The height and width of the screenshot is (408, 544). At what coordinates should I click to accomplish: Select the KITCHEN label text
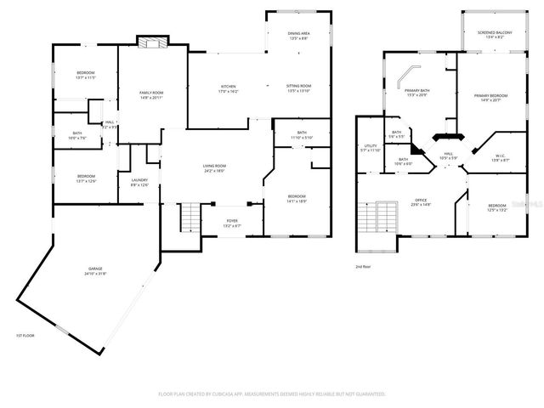tap(229, 87)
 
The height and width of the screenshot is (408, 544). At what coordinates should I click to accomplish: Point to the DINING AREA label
tap(298, 34)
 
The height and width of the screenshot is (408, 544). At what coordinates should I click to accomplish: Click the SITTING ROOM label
tap(298, 87)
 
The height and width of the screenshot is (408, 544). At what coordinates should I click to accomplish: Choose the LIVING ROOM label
tap(213, 167)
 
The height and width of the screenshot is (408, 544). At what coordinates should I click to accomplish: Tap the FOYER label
tap(231, 223)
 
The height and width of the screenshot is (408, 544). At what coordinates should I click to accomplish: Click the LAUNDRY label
tap(139, 180)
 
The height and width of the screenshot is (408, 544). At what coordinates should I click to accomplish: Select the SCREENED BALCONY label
tap(489, 33)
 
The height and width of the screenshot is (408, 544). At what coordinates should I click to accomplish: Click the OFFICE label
tap(421, 201)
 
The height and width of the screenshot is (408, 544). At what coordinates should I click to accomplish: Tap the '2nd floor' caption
tap(364, 266)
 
